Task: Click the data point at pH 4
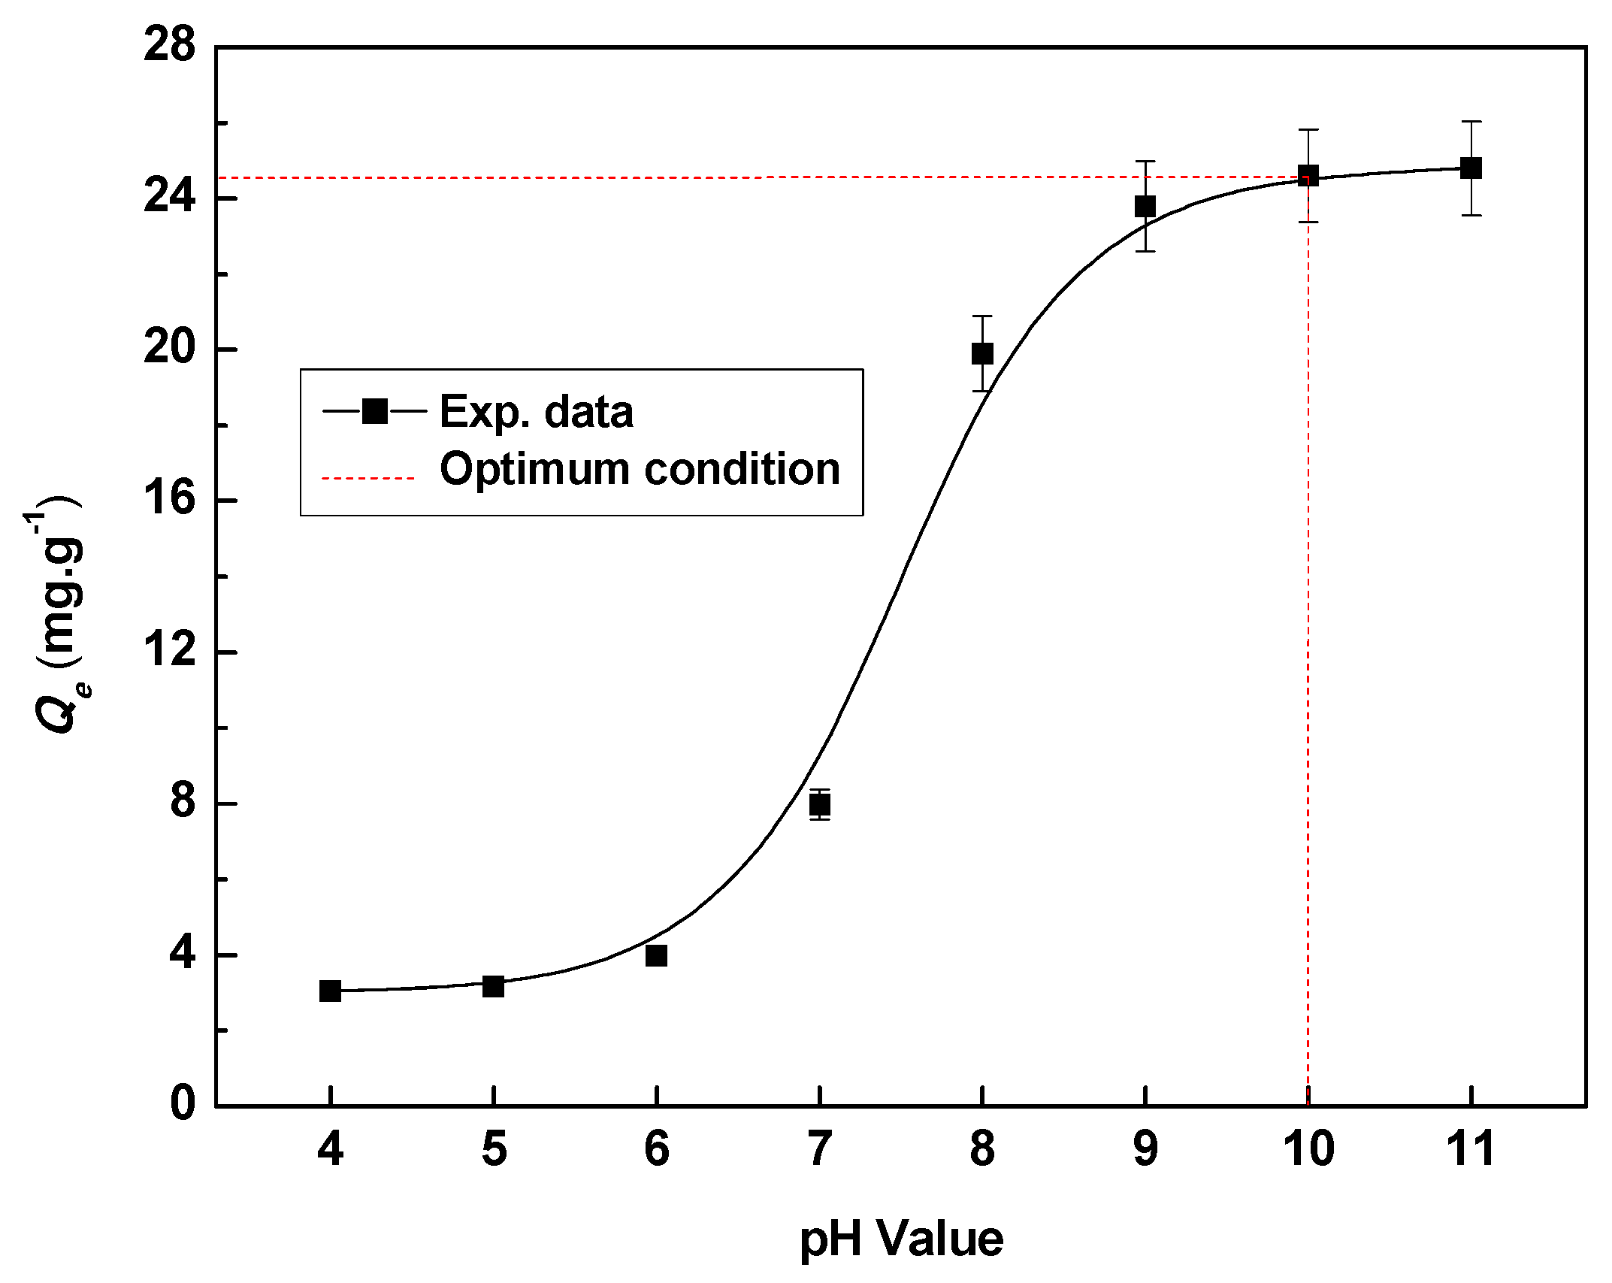[x=330, y=991]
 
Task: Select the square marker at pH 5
[x=493, y=986]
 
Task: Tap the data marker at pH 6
[x=656, y=955]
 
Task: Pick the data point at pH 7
[x=820, y=804]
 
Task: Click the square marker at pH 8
[x=982, y=353]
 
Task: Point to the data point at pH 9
[x=1145, y=206]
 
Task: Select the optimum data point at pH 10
[x=1308, y=176]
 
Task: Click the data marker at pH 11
[x=1471, y=168]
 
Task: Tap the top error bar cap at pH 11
[x=1471, y=121]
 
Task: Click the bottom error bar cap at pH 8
[x=982, y=391]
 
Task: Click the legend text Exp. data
[x=536, y=412]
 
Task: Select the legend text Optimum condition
[x=640, y=469]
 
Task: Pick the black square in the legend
[x=374, y=411]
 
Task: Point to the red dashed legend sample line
[x=368, y=477]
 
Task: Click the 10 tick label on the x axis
[x=1308, y=1150]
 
